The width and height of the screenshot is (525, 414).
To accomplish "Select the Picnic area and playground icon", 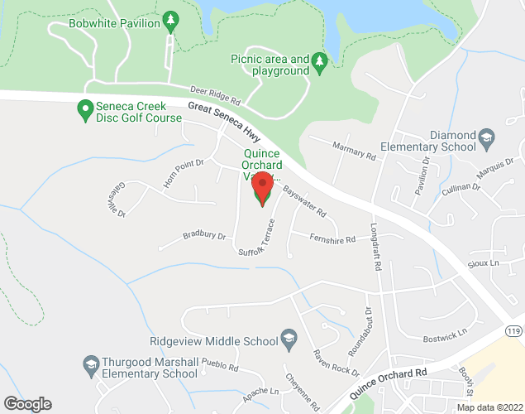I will [x=320, y=63].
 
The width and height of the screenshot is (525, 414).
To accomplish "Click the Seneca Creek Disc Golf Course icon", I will [x=84, y=109].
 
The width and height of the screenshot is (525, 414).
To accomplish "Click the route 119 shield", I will [x=514, y=331].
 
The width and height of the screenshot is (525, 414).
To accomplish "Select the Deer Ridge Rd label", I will [x=214, y=96].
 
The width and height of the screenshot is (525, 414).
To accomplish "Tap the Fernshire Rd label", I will [x=332, y=239].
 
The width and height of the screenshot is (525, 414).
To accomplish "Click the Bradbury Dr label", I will [x=203, y=236].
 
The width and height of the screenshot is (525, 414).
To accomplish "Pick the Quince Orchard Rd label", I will [x=389, y=383].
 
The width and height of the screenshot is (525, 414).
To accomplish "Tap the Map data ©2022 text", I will [x=489, y=407].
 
